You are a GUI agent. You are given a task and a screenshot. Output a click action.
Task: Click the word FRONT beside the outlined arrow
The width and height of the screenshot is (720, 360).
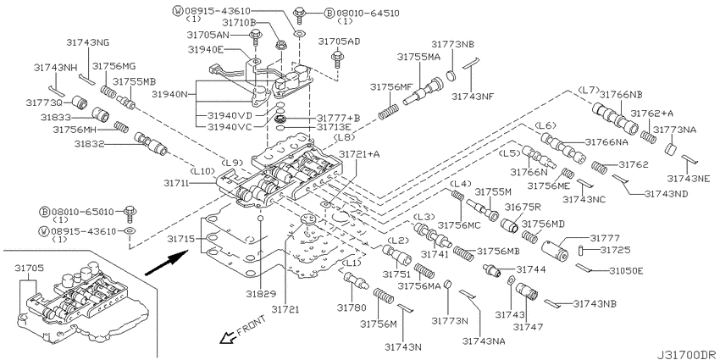tap(251, 326)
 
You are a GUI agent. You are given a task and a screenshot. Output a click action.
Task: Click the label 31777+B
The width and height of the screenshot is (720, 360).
tap(338, 118)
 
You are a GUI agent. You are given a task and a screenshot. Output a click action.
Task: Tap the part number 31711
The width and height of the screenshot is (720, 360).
tap(176, 183)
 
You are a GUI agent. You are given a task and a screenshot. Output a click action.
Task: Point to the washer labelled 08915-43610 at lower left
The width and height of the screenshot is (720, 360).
tap(130, 230)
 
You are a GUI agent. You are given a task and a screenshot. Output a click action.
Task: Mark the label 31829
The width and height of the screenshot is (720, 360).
tap(260, 293)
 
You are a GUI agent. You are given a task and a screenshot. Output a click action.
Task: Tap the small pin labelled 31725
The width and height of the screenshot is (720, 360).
tap(580, 251)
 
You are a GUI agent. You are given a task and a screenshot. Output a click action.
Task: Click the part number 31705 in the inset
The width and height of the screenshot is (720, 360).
tap(28, 267)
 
